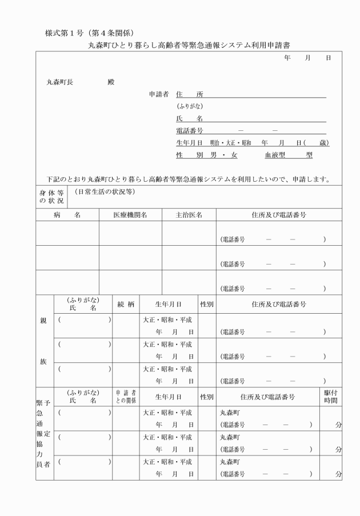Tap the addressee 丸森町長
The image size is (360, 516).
click(x=59, y=82)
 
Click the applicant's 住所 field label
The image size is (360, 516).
click(x=190, y=94)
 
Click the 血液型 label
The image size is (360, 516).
click(x=274, y=155)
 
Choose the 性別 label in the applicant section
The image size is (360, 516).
click(x=190, y=155)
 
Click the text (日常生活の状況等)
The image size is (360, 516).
click(x=104, y=193)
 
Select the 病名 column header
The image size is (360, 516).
click(x=67, y=215)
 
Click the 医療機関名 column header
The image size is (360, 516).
click(x=130, y=215)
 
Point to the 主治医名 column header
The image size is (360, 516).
click(x=189, y=215)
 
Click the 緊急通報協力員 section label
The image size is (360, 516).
click(x=45, y=439)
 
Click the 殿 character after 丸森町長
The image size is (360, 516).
click(x=111, y=82)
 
